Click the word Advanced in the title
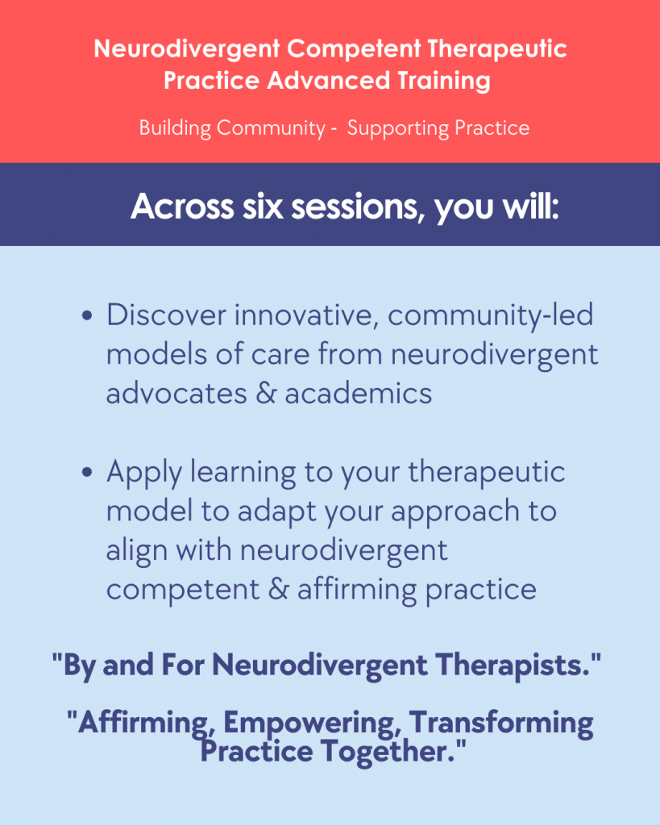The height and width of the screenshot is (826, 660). click(329, 80)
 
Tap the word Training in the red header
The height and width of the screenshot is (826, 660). click(444, 81)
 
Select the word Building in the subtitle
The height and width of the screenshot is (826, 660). click(175, 128)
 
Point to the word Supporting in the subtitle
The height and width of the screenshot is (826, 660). click(397, 128)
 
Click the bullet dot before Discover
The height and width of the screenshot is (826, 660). click(87, 316)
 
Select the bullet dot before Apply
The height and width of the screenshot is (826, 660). click(87, 472)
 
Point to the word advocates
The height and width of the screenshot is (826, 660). click(176, 394)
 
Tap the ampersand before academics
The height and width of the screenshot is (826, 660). click(266, 394)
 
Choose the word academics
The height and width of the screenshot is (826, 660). click(359, 394)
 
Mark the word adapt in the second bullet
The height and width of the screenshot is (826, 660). click(276, 511)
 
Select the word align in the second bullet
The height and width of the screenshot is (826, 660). click(136, 550)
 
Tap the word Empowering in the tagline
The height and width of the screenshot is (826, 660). click(310, 723)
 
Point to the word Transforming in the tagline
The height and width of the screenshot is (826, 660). click(501, 723)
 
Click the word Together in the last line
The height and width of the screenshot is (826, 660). click(388, 751)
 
